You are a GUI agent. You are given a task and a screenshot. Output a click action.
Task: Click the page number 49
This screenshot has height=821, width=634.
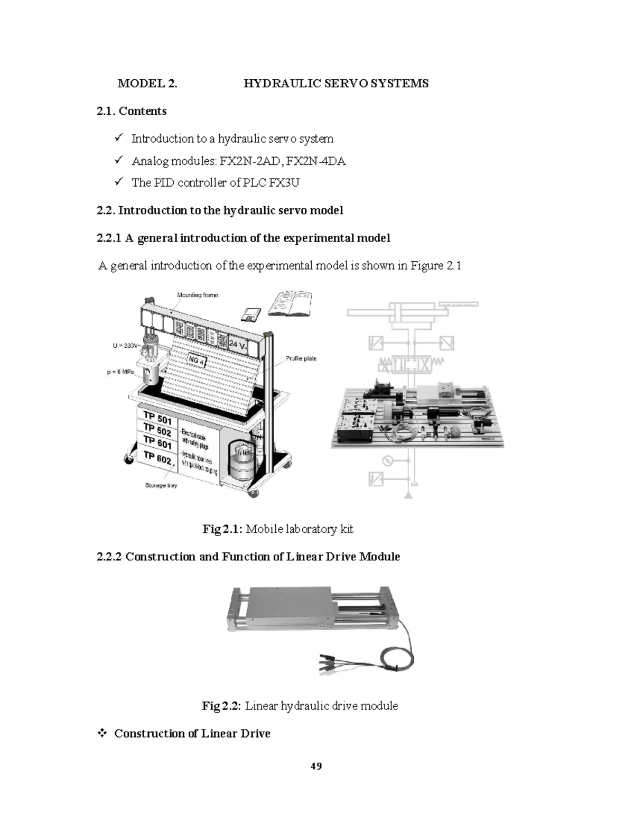pos(316,766)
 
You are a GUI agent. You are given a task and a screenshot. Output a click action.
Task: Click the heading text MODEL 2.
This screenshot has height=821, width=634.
pos(147,84)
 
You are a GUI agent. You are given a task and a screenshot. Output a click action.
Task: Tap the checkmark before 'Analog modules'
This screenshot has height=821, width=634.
pos(119,160)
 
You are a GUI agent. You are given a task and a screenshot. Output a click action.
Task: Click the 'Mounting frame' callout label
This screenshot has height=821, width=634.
pos(198,295)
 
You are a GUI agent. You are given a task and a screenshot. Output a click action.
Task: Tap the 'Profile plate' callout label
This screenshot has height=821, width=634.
pos(301,358)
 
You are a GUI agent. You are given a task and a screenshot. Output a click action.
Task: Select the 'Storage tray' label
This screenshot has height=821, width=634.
pos(161,485)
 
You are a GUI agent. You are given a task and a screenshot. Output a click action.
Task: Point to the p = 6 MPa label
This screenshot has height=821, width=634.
pos(121,372)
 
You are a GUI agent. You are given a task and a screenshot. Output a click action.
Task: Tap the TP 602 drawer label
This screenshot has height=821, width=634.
pos(157,458)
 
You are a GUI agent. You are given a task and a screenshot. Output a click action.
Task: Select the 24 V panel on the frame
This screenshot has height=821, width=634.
pos(238,345)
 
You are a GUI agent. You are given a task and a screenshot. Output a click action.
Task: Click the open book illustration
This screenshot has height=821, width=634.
pos(290,303)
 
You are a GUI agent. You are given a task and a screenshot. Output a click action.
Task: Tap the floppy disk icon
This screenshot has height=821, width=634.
pos(250,315)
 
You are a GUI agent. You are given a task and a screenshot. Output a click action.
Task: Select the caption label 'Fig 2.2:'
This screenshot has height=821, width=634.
pos(221,706)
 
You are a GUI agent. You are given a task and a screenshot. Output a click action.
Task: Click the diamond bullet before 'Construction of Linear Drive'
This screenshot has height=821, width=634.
pos(101,733)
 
